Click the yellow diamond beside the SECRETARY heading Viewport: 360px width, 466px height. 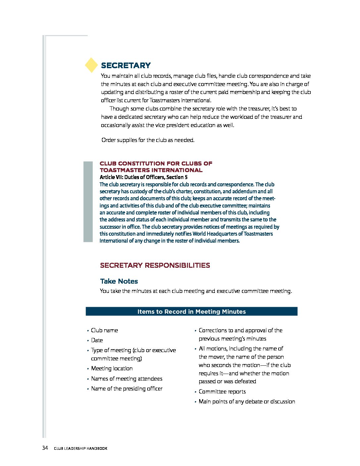click(91, 65)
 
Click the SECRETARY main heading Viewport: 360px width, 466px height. click(126, 65)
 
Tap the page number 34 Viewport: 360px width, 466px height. click(45, 448)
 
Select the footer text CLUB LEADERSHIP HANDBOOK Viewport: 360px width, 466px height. click(80, 448)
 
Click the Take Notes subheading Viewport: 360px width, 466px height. click(119, 281)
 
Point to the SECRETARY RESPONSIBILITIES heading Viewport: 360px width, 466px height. click(155, 265)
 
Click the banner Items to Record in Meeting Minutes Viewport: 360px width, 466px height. click(191, 311)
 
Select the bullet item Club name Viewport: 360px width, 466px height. click(104, 330)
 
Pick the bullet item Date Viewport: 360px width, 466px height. click(97, 340)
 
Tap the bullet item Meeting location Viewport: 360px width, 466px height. click(112, 368)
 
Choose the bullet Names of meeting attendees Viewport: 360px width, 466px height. click(127, 379)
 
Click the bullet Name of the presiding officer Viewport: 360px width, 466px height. click(127, 389)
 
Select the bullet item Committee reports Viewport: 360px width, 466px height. click(222, 392)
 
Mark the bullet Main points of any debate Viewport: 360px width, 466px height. click(247, 401)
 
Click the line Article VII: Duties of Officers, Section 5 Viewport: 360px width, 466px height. click(144, 177)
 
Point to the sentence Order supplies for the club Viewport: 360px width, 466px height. click(148, 140)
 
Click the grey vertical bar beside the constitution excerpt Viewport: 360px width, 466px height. click(88, 202)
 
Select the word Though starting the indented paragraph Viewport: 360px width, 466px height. click(119, 109)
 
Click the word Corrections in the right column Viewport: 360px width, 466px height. click(212, 330)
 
